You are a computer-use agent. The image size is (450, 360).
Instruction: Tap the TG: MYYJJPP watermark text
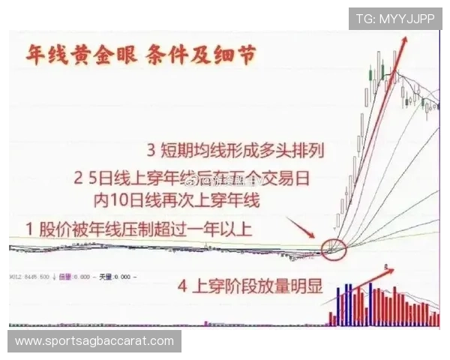pos(395,18)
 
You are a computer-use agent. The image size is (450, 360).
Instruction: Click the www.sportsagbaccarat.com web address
pos(94,341)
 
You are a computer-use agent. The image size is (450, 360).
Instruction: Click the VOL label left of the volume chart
pos(14,277)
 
